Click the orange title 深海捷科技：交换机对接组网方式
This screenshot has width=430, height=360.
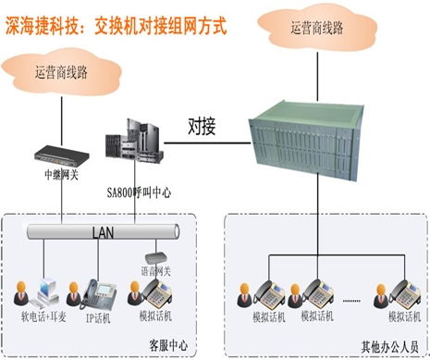[x=116, y=26]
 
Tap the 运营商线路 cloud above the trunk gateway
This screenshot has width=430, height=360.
[x=61, y=72]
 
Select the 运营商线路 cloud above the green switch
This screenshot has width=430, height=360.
[x=317, y=27]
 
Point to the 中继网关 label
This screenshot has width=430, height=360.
[x=62, y=175]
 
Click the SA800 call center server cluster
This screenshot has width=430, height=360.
[x=134, y=141]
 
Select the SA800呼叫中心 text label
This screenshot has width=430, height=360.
[x=139, y=192]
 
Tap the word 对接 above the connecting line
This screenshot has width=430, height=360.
[x=202, y=126]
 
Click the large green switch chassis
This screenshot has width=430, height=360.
[x=307, y=141]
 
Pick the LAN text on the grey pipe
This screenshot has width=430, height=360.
[x=104, y=232]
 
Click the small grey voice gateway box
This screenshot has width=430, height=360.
[x=156, y=257]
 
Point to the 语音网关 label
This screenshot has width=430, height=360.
[x=156, y=271]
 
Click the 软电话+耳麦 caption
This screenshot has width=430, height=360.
[x=43, y=317]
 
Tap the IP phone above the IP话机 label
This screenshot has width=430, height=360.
[x=99, y=294]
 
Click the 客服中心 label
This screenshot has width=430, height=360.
[x=168, y=345]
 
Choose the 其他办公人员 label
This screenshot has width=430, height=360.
[x=390, y=347]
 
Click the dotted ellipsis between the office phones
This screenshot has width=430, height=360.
[x=351, y=301]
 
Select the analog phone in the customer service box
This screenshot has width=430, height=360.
[x=156, y=293]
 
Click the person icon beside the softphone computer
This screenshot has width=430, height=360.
[x=21, y=293]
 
